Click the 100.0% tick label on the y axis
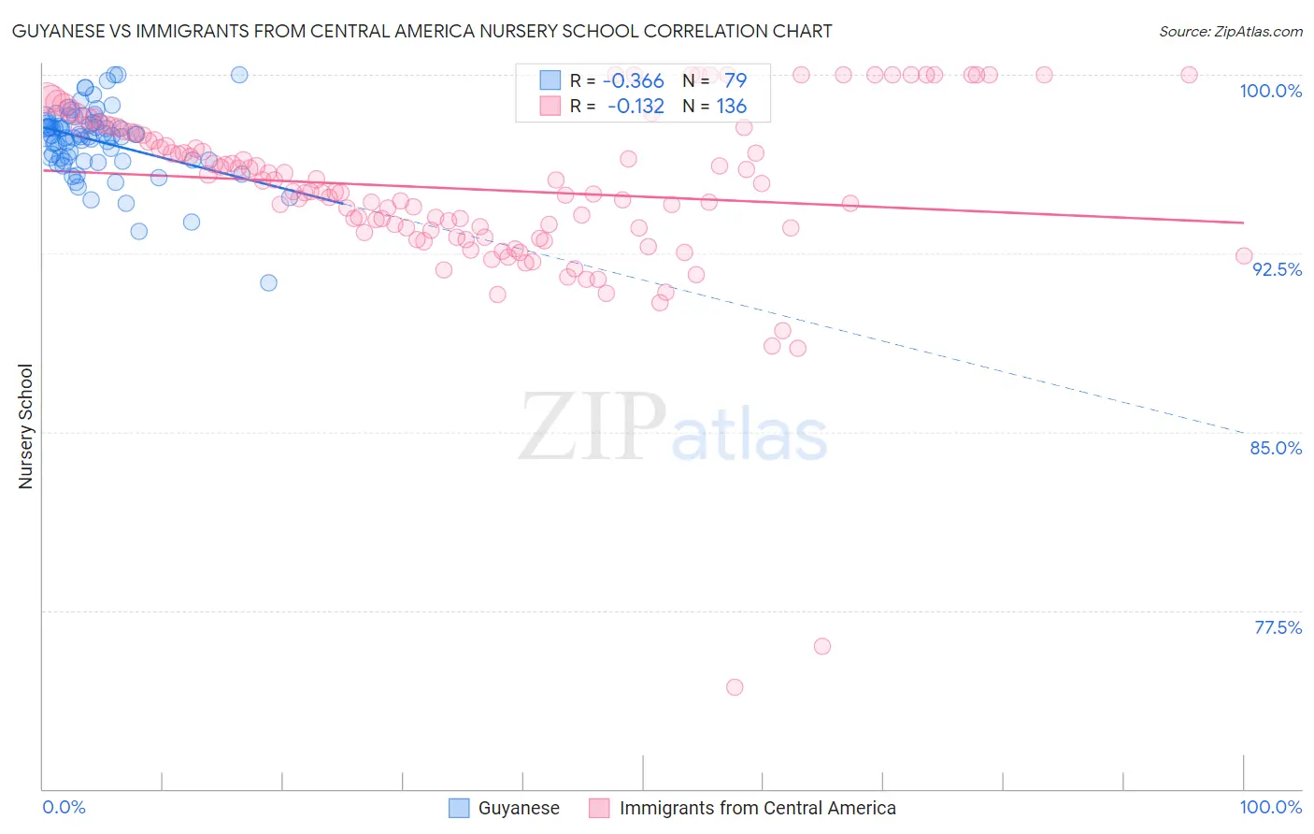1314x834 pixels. coord(1270,91)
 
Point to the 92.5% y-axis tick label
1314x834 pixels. coord(1277,269)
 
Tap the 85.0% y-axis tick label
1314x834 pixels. coord(1276,448)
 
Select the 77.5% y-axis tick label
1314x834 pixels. coord(1278,627)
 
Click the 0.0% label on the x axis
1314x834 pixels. coord(64,807)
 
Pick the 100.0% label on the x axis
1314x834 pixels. coord(1270,807)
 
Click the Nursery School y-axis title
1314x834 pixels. coord(25,425)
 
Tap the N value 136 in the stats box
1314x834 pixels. coord(731,107)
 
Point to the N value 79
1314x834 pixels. coord(735,80)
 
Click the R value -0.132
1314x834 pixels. coord(636,107)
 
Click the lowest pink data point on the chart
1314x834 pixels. coord(735,687)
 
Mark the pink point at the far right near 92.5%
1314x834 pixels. coord(1244,256)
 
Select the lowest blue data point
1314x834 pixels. coord(269,282)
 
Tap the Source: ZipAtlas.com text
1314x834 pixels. coord(1230,31)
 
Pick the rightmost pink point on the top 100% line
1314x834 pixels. coord(1189,75)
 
